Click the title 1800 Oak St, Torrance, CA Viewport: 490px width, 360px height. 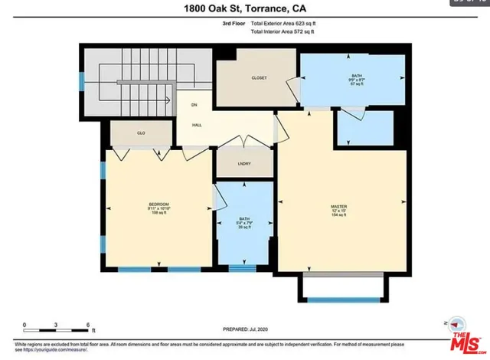pyautogui.click(x=244, y=8)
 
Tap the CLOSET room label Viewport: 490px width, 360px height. pyautogui.click(x=258, y=79)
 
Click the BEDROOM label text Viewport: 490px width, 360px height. pyautogui.click(x=157, y=204)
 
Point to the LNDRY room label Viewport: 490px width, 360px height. pyautogui.click(x=233, y=162)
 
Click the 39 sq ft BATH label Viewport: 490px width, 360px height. pyautogui.click(x=243, y=222)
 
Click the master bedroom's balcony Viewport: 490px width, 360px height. pyautogui.click(x=341, y=286)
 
